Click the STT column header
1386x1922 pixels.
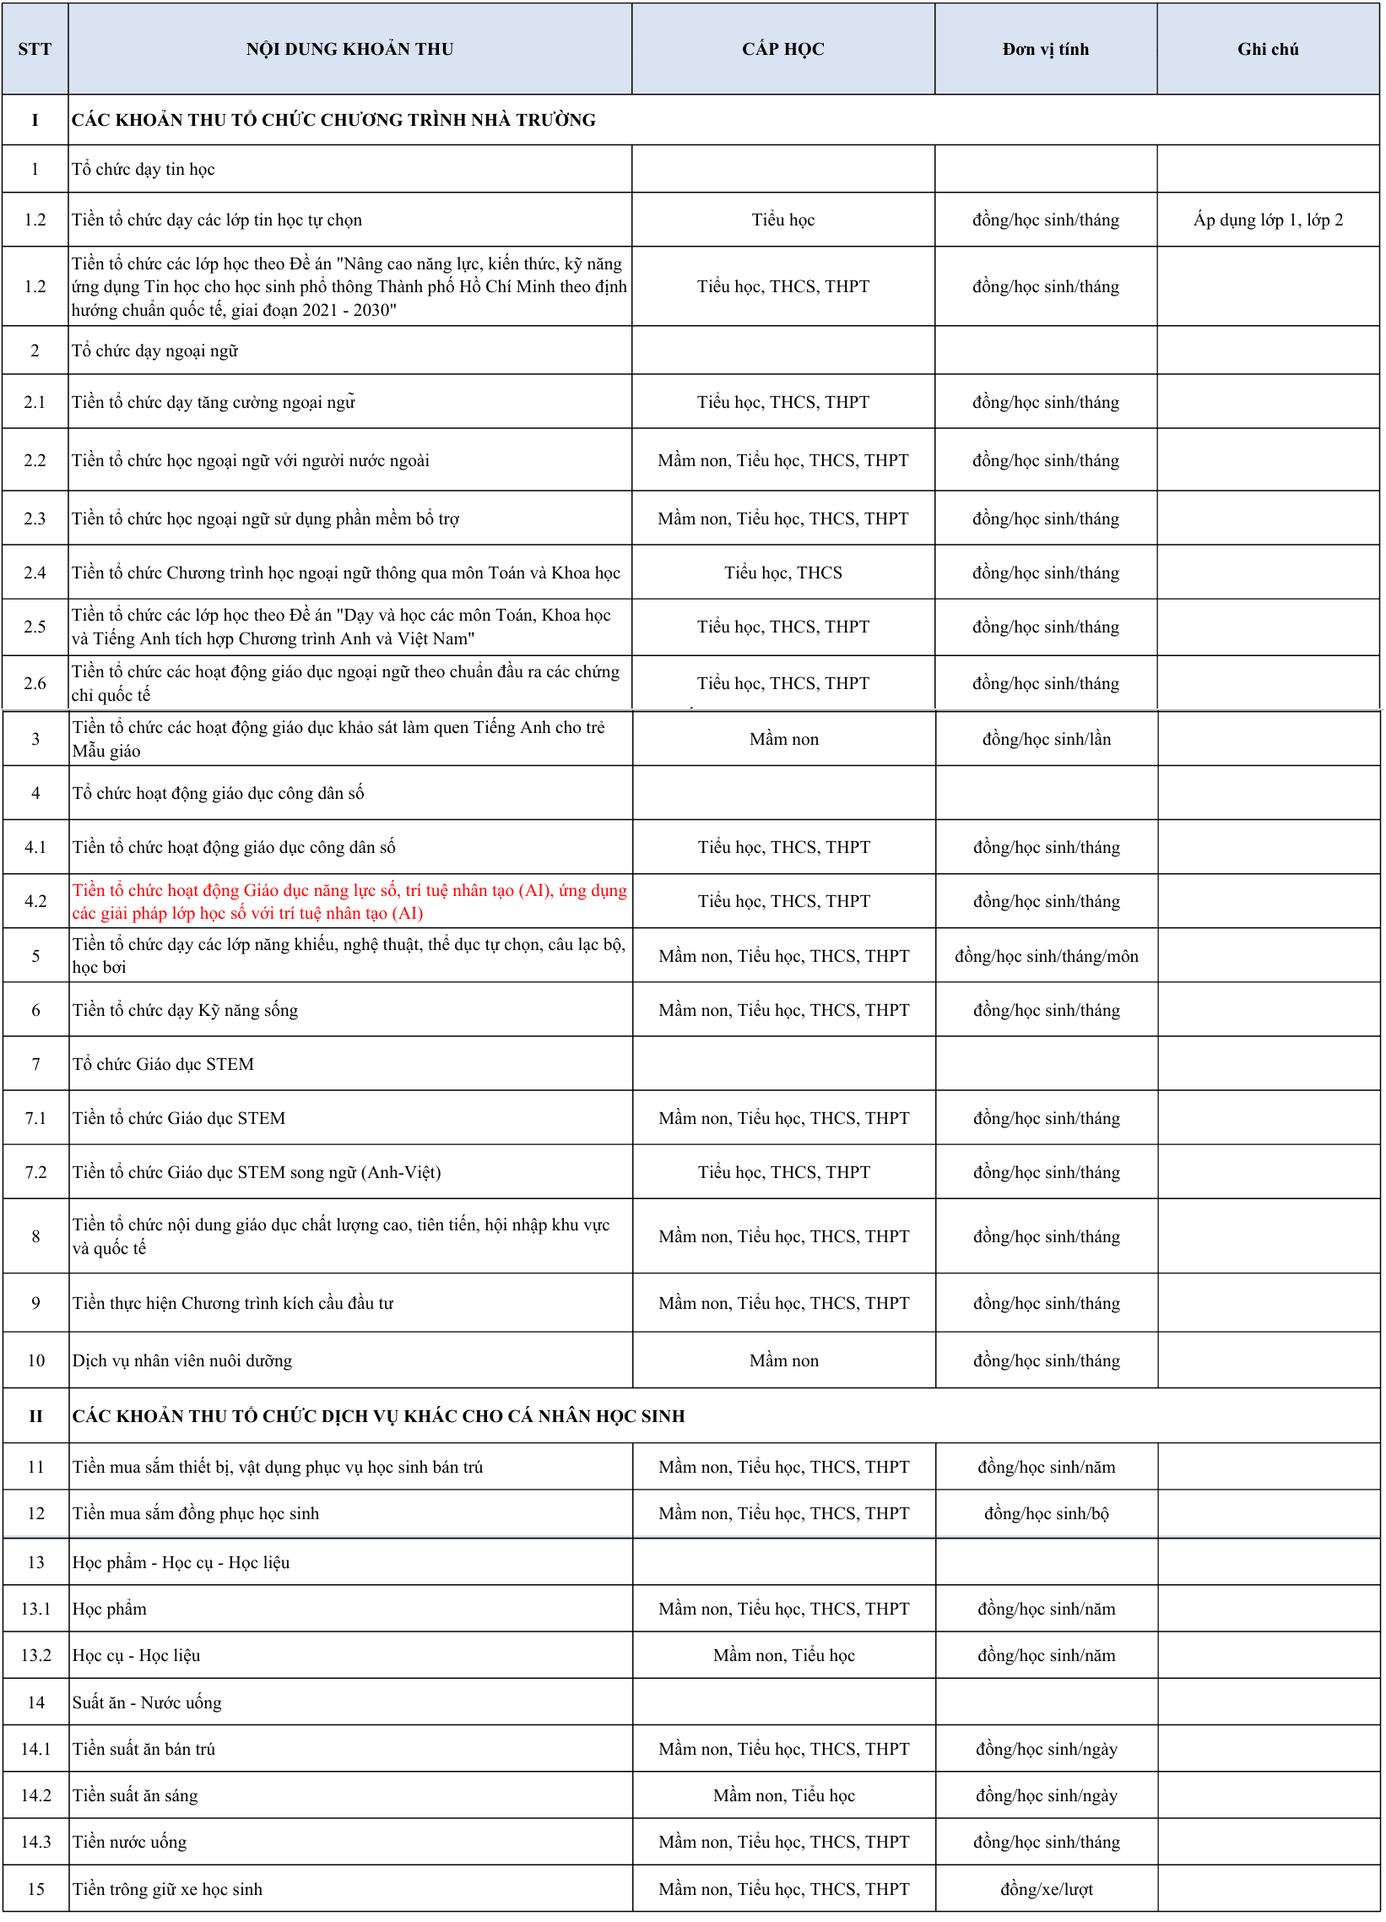pos(35,49)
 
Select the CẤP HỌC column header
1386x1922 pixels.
pos(782,49)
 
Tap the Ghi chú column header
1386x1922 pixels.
pos(1267,49)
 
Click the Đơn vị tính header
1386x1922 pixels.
pos(1046,49)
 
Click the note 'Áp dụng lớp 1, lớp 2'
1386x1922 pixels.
pos(1267,220)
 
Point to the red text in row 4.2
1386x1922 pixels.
pos(349,902)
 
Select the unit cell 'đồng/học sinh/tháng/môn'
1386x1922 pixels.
pos(1047,957)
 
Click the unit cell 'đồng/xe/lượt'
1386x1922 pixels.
pos(1047,1889)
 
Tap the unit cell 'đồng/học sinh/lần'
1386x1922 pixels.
pos(1047,739)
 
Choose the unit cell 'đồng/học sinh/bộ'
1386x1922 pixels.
pos(1047,1513)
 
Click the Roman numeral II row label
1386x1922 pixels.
pos(35,1416)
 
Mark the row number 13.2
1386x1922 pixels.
pos(35,1655)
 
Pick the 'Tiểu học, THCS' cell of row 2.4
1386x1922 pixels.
pos(782,573)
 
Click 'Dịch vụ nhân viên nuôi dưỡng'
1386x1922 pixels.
pos(182,1360)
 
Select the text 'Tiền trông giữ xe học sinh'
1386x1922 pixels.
pos(168,1889)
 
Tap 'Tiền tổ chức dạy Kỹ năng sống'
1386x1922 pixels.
pos(186,1010)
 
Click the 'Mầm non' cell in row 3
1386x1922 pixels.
pos(783,739)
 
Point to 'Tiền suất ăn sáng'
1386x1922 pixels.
pos(136,1794)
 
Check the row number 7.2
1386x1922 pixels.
pos(35,1172)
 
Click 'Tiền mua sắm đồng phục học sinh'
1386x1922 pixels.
pos(196,1513)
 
